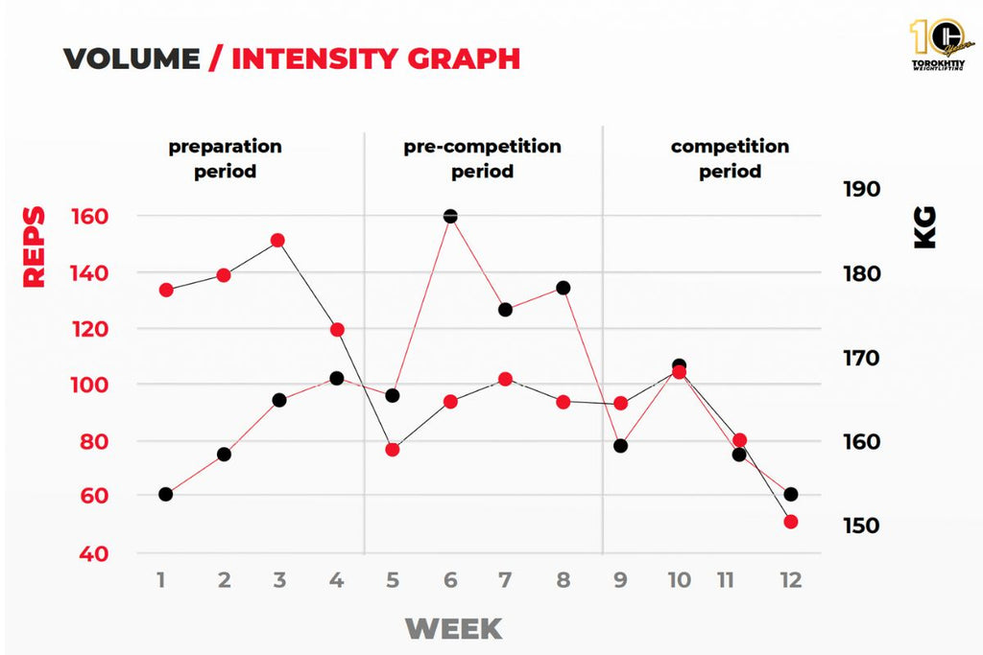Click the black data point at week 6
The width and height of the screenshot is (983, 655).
pos(450,217)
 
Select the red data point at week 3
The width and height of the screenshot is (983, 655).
pos(277,240)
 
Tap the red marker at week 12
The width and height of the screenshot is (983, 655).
pos(791,522)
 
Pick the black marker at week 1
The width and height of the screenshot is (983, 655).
pos(165,494)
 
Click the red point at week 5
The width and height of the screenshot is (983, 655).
pos(392,449)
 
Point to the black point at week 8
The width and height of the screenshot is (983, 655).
pos(563,288)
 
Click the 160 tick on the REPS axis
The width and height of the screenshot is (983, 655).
pos(89,217)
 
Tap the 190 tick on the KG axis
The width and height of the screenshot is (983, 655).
pos(861,189)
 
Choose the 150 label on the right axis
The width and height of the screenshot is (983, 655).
pos(861,526)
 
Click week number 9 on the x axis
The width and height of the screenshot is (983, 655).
pos(620,580)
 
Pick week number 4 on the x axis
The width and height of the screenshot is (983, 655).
pos(336,580)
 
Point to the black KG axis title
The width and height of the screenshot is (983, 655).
pos(924,228)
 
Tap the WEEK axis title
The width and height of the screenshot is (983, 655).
pos(453,629)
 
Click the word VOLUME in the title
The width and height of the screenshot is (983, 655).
pos(132,58)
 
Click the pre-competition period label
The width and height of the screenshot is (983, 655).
pos(482,159)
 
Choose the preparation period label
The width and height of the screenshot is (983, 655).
pos(226,159)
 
